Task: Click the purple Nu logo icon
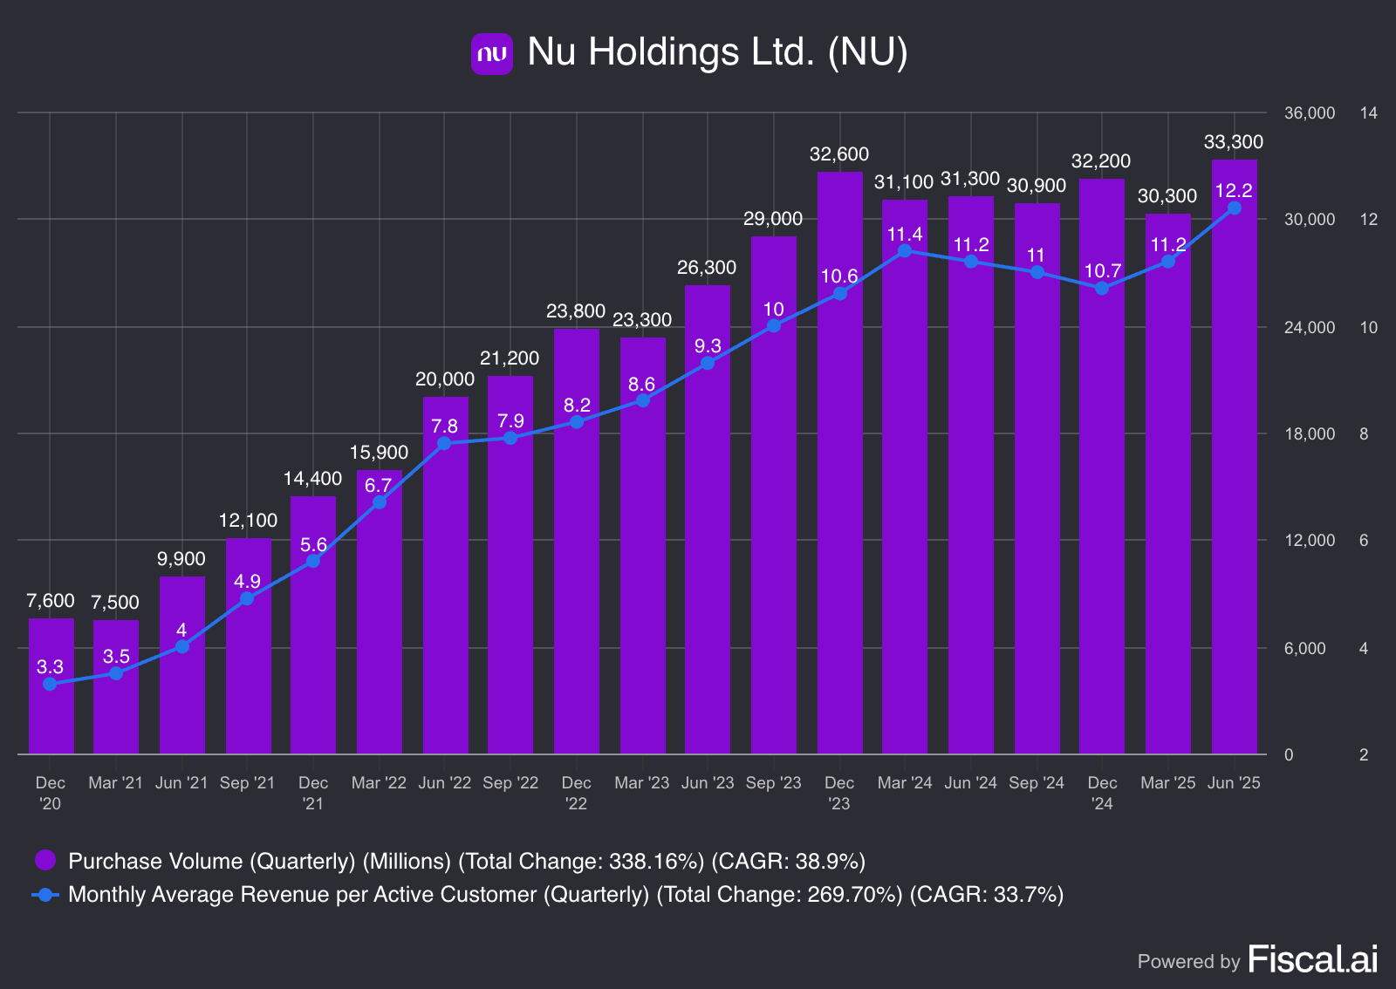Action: point(491,53)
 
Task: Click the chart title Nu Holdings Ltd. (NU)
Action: point(717,51)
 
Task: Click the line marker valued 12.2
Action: point(1234,208)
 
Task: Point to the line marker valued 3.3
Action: point(50,684)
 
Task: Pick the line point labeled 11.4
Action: point(905,251)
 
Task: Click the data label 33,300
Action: point(1233,142)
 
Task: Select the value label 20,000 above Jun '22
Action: point(445,379)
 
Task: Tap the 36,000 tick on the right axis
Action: point(1309,113)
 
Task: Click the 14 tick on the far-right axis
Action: point(1368,113)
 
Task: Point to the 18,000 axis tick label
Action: point(1309,434)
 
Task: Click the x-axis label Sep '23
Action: point(773,783)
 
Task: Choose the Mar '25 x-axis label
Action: point(1167,783)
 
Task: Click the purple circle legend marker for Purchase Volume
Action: point(45,861)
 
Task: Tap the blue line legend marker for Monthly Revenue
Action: point(45,895)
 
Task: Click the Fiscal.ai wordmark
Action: point(1312,959)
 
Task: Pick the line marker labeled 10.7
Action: point(1102,288)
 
